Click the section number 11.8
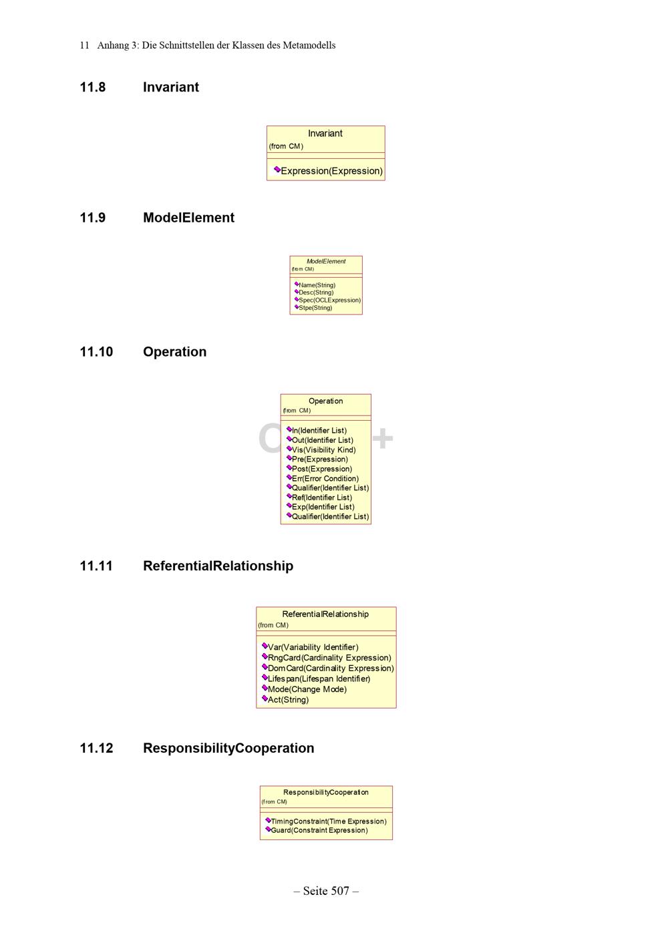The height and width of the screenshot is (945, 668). pyautogui.click(x=92, y=87)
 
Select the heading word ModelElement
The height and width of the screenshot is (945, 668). pyautogui.click(x=188, y=218)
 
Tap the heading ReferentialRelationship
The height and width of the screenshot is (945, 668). pyautogui.click(x=218, y=566)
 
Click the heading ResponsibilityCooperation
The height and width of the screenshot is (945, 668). pyautogui.click(x=228, y=748)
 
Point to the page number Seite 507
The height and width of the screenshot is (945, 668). pyautogui.click(x=326, y=891)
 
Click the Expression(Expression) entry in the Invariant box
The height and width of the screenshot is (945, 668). pyautogui.click(x=332, y=171)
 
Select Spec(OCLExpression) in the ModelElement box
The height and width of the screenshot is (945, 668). pyautogui.click(x=329, y=300)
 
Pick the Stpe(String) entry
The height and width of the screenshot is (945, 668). pyautogui.click(x=315, y=308)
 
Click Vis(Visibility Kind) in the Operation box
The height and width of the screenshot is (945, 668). pyautogui.click(x=324, y=449)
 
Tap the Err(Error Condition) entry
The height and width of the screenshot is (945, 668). pyautogui.click(x=325, y=478)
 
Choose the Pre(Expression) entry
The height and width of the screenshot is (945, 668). pyautogui.click(x=320, y=459)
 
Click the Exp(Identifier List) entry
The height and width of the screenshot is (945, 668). pyautogui.click(x=323, y=507)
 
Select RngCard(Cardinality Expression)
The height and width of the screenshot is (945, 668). pyautogui.click(x=329, y=658)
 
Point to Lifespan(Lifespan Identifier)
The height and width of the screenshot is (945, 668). pyautogui.click(x=319, y=679)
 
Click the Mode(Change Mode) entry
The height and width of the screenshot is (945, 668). pyautogui.click(x=307, y=689)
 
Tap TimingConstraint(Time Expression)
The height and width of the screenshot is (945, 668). pyautogui.click(x=329, y=821)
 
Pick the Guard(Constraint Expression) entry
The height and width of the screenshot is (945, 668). pyautogui.click(x=319, y=830)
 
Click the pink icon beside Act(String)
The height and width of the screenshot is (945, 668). pyautogui.click(x=265, y=699)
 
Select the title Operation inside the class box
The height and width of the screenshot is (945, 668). pyautogui.click(x=326, y=401)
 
